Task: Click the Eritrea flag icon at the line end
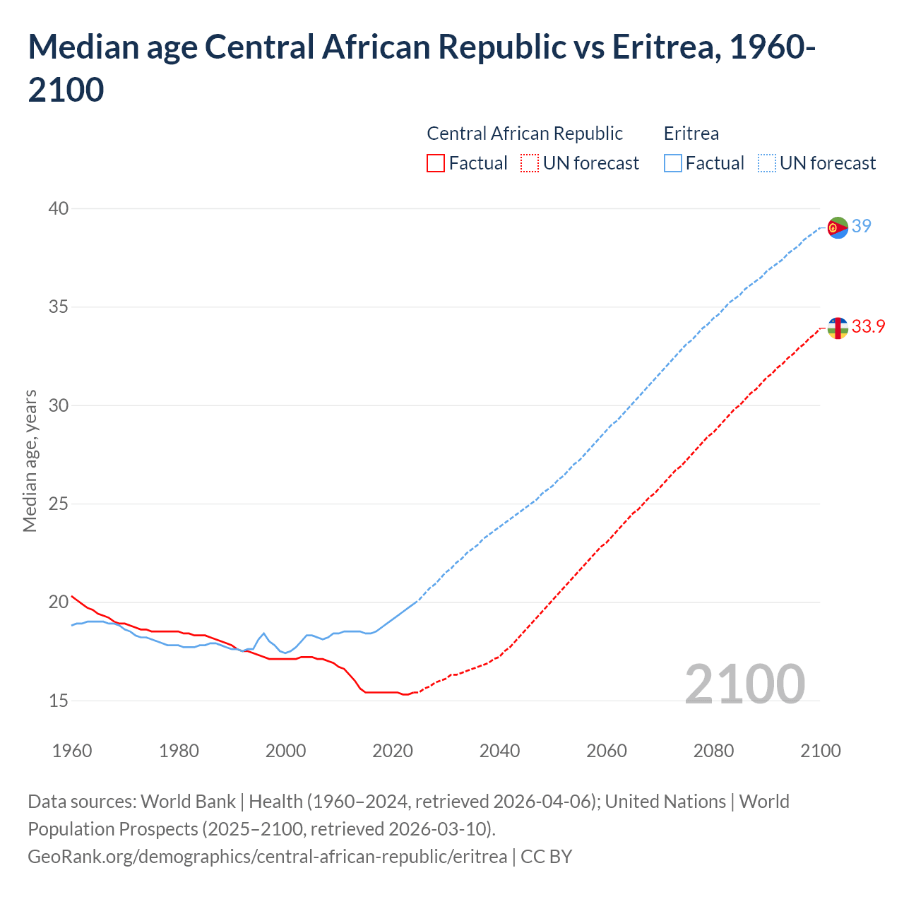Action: click(x=838, y=227)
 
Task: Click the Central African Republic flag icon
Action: click(x=838, y=328)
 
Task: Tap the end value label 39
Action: click(x=862, y=226)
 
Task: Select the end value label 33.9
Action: click(x=868, y=326)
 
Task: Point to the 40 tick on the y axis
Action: click(x=59, y=208)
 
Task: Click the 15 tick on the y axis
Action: click(x=59, y=701)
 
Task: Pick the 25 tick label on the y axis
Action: click(x=59, y=504)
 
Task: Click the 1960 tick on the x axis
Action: click(x=72, y=750)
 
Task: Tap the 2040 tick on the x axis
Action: click(x=499, y=750)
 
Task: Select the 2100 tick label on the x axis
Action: click(x=821, y=750)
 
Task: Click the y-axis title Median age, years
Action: click(x=30, y=460)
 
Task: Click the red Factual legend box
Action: click(x=436, y=163)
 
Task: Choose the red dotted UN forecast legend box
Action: click(x=529, y=163)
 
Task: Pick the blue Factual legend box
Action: click(x=673, y=163)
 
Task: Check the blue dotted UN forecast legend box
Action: click(x=766, y=163)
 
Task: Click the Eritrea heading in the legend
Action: click(x=691, y=133)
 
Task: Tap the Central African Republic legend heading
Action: click(x=525, y=133)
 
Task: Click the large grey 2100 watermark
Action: click(x=745, y=684)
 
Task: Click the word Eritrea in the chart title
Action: click(x=665, y=47)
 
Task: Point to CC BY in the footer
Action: click(x=546, y=857)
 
